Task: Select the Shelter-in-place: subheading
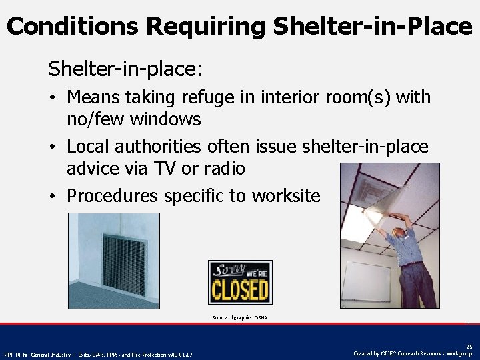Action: point(125,69)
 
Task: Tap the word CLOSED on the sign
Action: point(240,291)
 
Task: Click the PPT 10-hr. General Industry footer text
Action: point(99,353)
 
